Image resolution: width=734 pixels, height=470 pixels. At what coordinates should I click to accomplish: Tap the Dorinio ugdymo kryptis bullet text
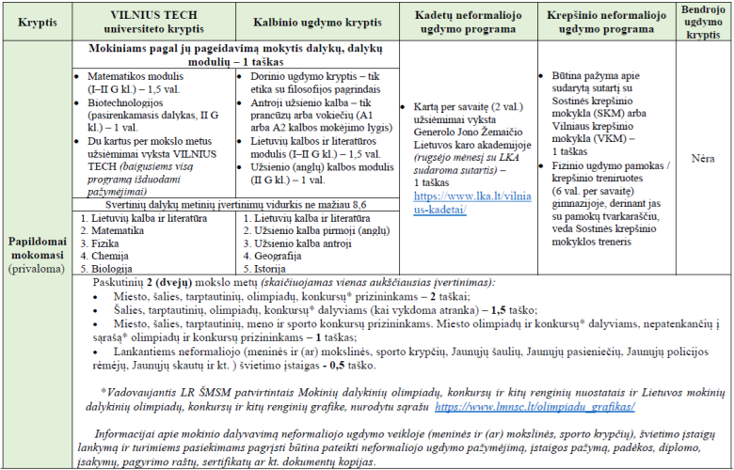click(x=306, y=74)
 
